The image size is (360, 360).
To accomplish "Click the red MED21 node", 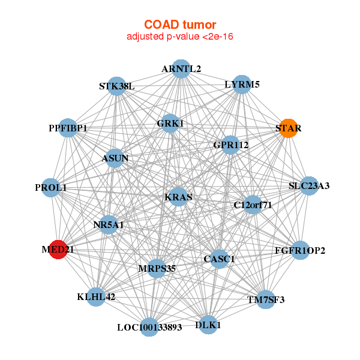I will coord(58,249).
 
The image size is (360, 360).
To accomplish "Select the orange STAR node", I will coord(289,128).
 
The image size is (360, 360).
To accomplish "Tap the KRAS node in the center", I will coord(178,197).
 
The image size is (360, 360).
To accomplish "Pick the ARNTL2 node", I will coord(181,69).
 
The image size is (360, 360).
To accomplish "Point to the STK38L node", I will coord(116,86).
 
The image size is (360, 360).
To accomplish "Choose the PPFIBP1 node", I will coord(68,128).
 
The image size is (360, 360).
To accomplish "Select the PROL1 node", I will coord(52,188).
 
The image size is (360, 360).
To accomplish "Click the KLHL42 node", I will coord(96,296).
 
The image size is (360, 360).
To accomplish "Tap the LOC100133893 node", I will coord(149,327).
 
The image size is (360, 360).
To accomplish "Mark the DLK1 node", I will coord(208,325).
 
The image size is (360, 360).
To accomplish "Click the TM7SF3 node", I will coord(266,299).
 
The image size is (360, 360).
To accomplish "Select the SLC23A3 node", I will coord(309,186).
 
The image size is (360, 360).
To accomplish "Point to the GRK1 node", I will coord(170,124).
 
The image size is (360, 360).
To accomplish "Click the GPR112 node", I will coord(231,145).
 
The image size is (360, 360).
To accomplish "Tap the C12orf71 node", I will coord(253,205).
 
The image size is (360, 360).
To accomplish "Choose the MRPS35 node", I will coord(157,268).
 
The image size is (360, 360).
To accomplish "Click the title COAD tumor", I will coord(179,25).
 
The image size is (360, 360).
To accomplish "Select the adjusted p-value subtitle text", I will coord(179,37).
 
